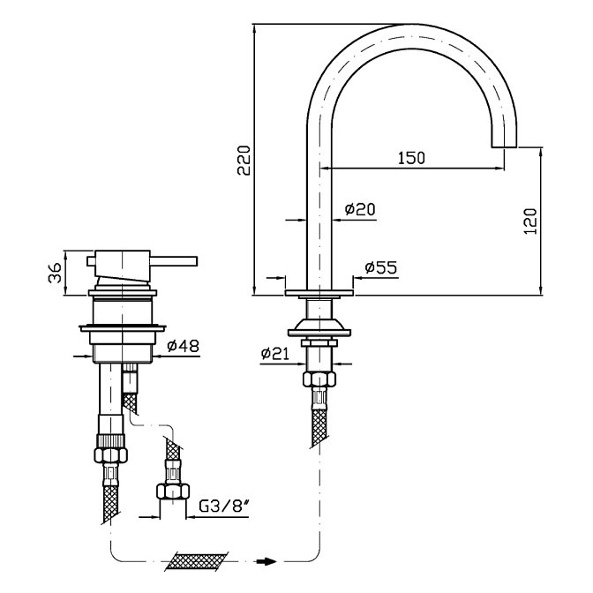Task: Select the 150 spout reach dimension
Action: (x=410, y=158)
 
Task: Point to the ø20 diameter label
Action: (x=360, y=209)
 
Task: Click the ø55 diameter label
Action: (x=380, y=266)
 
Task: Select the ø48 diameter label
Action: (x=184, y=345)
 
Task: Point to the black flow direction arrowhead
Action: (x=267, y=559)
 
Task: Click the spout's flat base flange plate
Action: (x=319, y=292)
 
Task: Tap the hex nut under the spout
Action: (x=319, y=379)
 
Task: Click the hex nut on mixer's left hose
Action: (x=111, y=456)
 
